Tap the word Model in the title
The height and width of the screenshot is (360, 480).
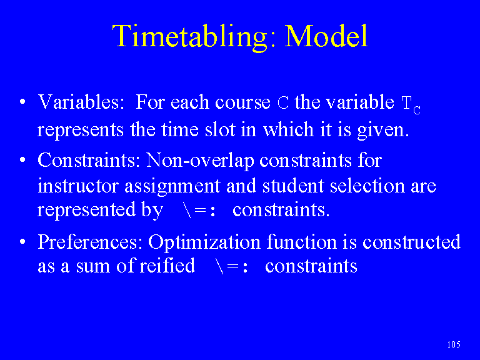pos(326,36)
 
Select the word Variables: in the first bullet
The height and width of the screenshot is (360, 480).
pos(81,102)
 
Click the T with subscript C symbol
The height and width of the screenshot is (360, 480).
pos(411,105)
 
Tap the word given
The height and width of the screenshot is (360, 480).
pos(383,131)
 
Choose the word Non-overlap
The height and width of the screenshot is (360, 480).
pos(200,160)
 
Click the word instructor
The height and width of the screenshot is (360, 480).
pos(77,186)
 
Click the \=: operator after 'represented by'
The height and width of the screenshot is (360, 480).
pos(199,210)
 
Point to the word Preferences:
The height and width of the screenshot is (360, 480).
pos(90,242)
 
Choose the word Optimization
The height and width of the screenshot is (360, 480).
pos(204,242)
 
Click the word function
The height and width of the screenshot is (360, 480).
pos(301,241)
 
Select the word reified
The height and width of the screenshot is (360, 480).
pos(167,265)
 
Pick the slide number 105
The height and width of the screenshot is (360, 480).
pos(454,344)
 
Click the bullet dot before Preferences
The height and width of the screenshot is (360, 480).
pos(22,242)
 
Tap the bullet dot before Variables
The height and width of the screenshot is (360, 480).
pos(22,102)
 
